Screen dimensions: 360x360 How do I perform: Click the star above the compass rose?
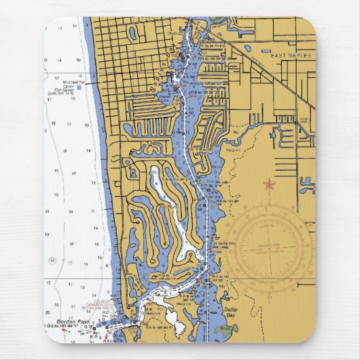tap(269, 184)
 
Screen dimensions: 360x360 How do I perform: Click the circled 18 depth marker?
tap(52, 260)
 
